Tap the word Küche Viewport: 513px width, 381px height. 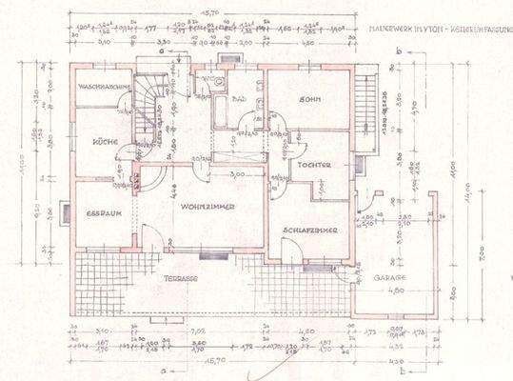coord(104,142)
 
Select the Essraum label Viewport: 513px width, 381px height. coord(99,212)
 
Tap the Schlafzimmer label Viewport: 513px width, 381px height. coord(311,231)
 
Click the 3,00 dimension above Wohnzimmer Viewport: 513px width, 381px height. coord(237,173)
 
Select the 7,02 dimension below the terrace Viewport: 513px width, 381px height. coord(199,331)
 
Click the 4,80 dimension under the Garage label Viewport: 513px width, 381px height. coord(393,291)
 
